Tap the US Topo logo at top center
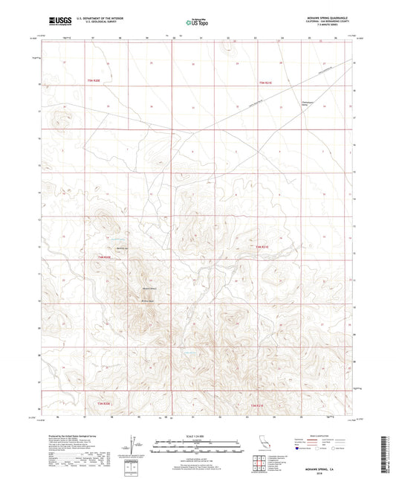tap(197, 22)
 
